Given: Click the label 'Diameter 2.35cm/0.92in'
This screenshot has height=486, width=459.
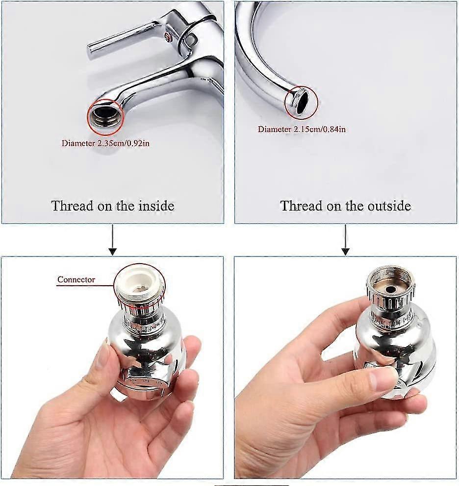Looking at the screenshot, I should [109, 144].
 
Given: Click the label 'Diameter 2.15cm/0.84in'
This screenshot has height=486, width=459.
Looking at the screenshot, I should [302, 129].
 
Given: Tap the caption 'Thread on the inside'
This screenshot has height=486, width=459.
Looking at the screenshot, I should [113, 206].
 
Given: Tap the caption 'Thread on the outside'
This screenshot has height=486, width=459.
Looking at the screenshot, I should [345, 206].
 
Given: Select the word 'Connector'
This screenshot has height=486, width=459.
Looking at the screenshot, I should [76, 280].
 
